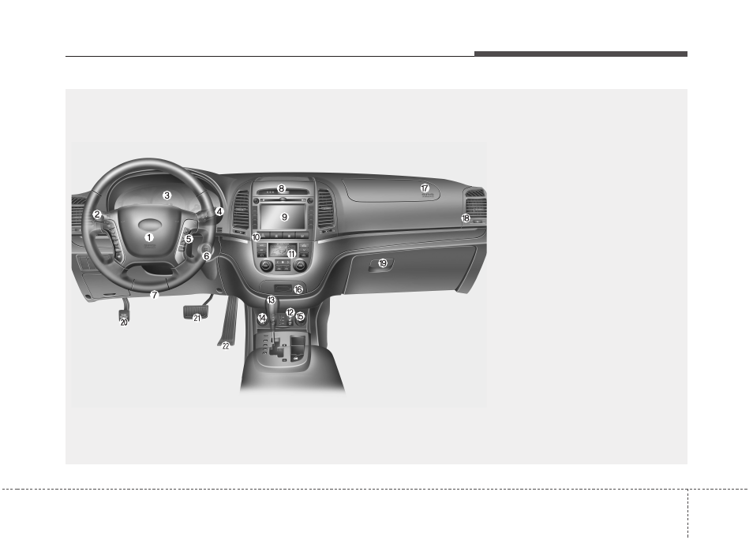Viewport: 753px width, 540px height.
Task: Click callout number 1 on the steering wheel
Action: [x=149, y=237]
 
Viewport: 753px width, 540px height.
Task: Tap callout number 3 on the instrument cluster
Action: [x=167, y=196]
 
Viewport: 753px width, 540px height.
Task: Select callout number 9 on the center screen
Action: [x=284, y=217]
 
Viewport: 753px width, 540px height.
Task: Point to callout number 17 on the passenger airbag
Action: [x=425, y=188]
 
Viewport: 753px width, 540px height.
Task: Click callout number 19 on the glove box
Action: [x=383, y=263]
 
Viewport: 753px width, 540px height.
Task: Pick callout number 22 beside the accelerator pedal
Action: [x=226, y=346]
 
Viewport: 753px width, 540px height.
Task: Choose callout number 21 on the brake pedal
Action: [x=197, y=318]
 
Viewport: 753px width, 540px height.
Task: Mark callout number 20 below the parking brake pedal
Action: [x=124, y=322]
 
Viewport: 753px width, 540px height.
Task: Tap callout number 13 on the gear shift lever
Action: [x=272, y=300]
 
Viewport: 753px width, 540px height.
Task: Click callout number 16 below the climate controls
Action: [x=298, y=289]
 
